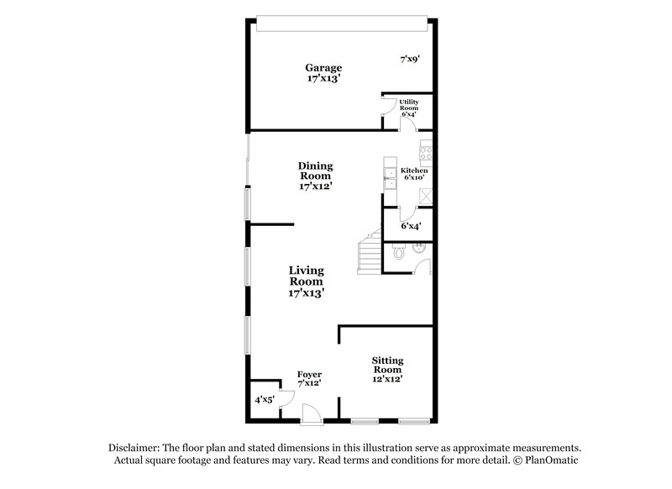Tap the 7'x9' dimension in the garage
(x=409, y=59)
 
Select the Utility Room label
(x=409, y=108)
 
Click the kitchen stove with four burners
(x=426, y=153)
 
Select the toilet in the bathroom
(x=399, y=251)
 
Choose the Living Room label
(x=307, y=282)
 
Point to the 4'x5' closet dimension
(x=264, y=400)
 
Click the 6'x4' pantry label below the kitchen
(x=410, y=225)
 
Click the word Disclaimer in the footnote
(x=138, y=449)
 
